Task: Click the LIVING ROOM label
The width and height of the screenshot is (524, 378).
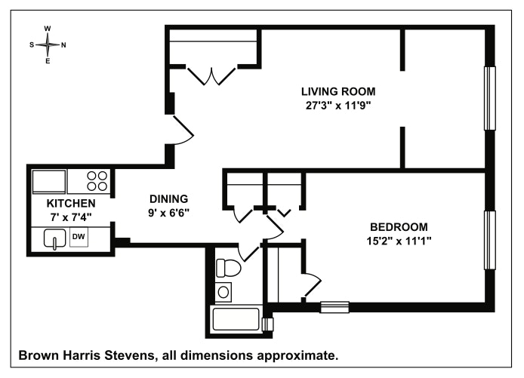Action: [x=338, y=91]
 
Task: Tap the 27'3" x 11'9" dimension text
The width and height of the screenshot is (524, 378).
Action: [x=338, y=106]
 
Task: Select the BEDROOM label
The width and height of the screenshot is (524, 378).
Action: [x=399, y=227]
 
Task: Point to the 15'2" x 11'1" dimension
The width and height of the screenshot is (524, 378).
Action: [x=399, y=241]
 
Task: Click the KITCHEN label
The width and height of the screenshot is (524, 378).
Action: [x=71, y=204]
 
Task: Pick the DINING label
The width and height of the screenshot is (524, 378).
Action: [x=169, y=199]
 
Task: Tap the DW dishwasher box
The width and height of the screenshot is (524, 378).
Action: [x=79, y=237]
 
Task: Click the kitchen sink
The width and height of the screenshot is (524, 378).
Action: [x=55, y=238]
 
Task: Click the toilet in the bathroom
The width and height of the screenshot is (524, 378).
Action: [x=228, y=268]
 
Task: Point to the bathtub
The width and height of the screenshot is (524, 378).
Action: [x=236, y=320]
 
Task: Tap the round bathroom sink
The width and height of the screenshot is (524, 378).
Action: [x=223, y=293]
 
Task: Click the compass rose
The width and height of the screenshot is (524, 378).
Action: [x=48, y=45]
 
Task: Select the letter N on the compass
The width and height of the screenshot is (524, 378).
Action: [x=63, y=45]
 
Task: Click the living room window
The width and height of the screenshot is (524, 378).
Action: [x=490, y=98]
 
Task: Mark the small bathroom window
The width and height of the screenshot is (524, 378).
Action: [x=268, y=324]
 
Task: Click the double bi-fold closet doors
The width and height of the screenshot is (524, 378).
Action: [x=211, y=76]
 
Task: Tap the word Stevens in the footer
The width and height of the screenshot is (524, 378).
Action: [x=130, y=355]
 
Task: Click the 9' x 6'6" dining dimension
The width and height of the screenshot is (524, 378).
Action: [x=169, y=213]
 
